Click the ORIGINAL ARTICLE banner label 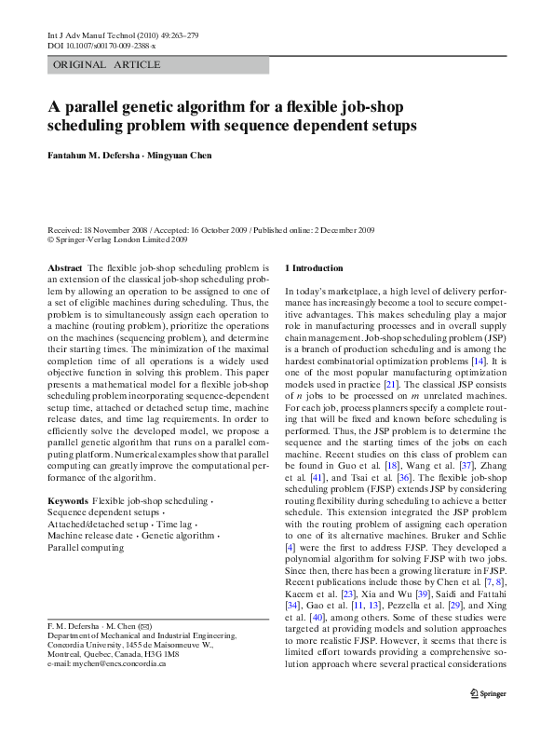pyautogui.click(x=107, y=65)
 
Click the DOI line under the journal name pyautogui.click(x=101, y=46)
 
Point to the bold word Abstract pyautogui.click(x=64, y=268)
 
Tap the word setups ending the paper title pyautogui.click(x=392, y=125)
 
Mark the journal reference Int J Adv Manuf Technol pyautogui.click(x=92, y=35)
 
